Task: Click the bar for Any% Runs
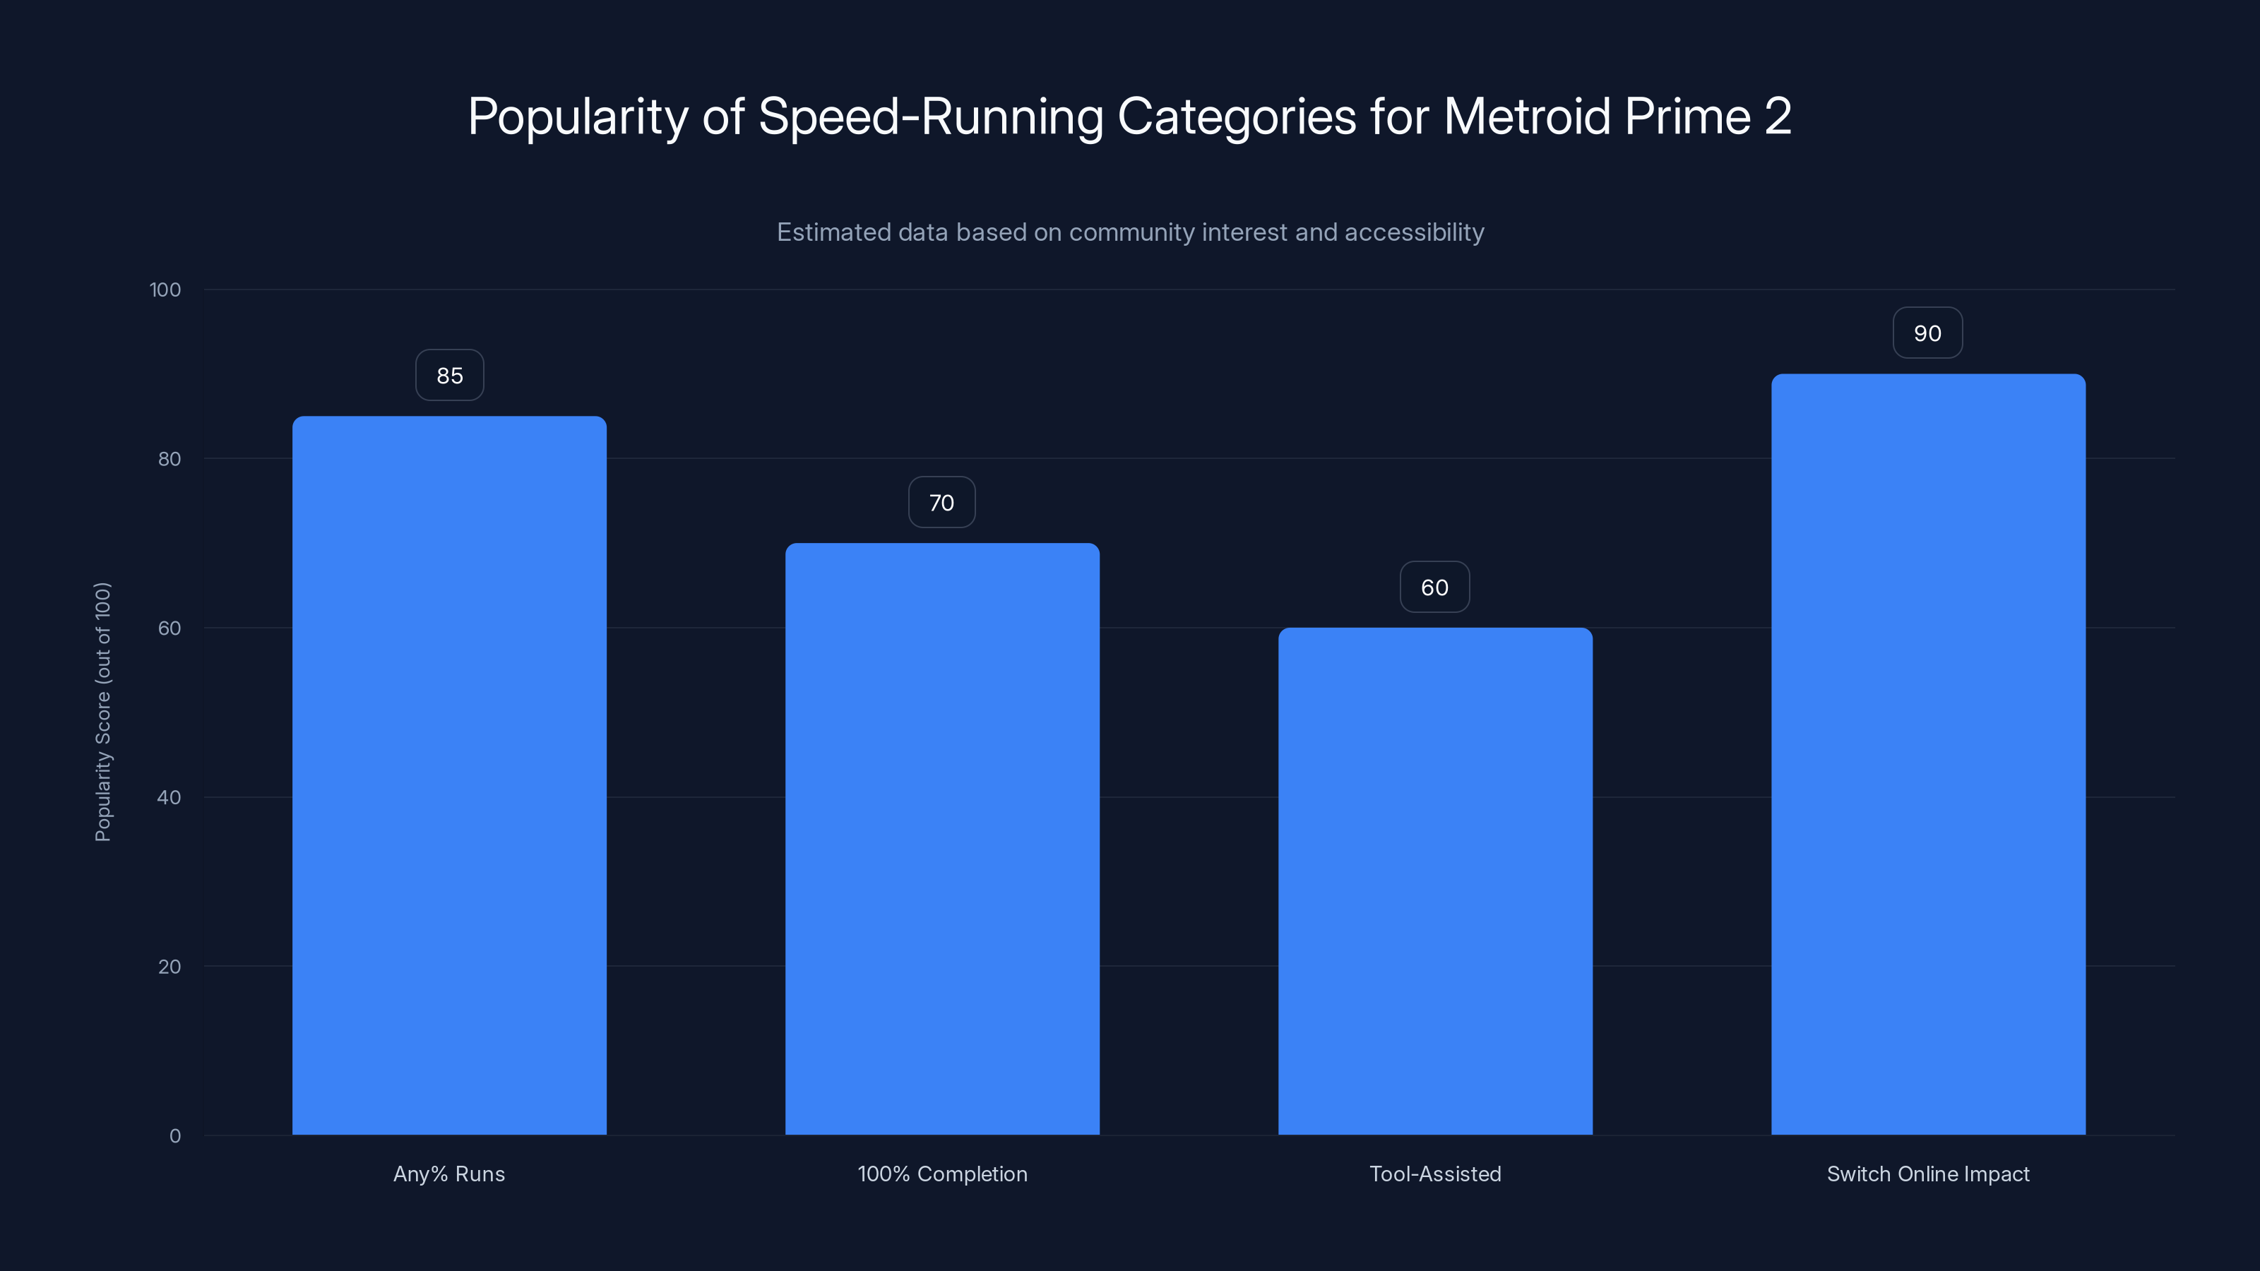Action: point(449,775)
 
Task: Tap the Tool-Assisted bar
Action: point(1435,881)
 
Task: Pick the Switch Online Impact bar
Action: point(1928,754)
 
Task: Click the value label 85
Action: point(449,376)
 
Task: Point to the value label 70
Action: point(941,503)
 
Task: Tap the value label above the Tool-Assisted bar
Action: point(1434,587)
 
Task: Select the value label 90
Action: point(1927,333)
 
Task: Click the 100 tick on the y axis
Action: point(165,290)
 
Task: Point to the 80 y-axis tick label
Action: point(169,460)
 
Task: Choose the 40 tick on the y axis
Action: point(169,798)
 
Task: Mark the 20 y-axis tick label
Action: point(169,967)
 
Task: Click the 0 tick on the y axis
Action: point(174,1137)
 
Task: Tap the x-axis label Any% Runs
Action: point(449,1174)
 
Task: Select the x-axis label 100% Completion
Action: point(942,1174)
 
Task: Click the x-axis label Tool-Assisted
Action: point(1435,1174)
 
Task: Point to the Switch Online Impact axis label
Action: point(1928,1174)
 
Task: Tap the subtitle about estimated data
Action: point(1130,232)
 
